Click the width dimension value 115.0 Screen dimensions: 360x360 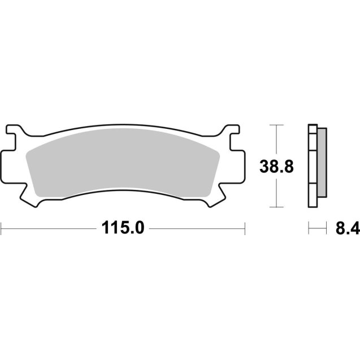click(x=123, y=228)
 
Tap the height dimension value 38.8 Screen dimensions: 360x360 click(x=276, y=167)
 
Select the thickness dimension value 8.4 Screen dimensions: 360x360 click(x=347, y=228)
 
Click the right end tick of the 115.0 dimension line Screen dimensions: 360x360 click(x=245, y=229)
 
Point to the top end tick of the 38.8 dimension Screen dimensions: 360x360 click(x=276, y=125)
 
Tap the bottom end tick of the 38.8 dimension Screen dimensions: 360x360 click(x=276, y=208)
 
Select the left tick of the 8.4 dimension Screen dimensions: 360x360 click(x=309, y=229)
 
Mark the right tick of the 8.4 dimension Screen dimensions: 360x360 click(x=327, y=229)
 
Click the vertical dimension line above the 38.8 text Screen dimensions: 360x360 click(x=276, y=141)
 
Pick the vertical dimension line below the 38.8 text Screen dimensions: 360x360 click(x=276, y=192)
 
